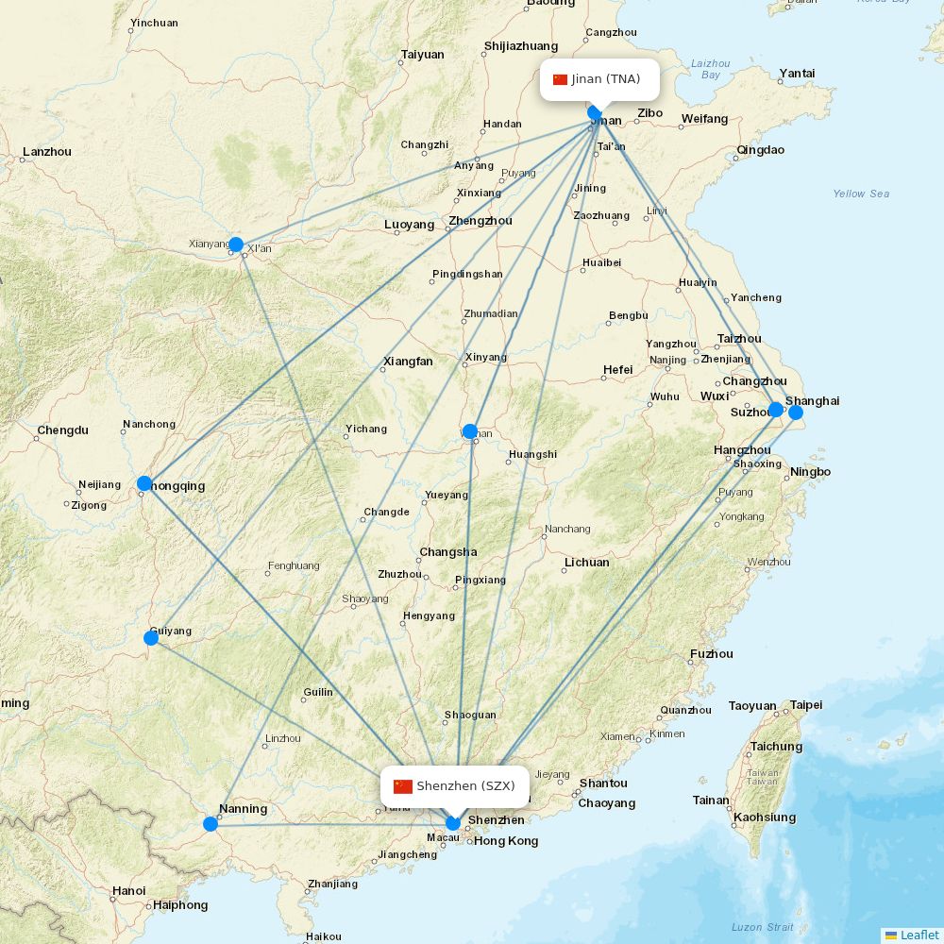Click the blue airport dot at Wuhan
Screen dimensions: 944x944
[470, 431]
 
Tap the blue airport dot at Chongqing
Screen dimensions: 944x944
[144, 483]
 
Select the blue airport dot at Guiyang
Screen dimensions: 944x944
[151, 638]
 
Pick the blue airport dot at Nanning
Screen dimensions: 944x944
[211, 824]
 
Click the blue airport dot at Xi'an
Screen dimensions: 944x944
[236, 244]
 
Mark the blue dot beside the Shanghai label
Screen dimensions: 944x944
[796, 412]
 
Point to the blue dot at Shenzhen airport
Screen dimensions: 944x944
[453, 822]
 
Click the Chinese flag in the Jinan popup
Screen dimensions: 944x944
[560, 79]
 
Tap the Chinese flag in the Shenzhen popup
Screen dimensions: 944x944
[403, 786]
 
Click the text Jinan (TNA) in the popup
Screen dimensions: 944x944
[606, 79]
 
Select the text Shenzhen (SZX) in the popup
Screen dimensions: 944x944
[465, 786]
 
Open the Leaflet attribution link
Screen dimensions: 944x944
[919, 935]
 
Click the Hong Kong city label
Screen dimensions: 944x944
[506, 841]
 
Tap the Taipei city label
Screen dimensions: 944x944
[805, 705]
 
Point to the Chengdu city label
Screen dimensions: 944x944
[62, 430]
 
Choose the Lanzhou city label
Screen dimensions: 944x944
[46, 151]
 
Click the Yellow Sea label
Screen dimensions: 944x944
[861, 194]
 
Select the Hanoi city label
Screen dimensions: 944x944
[128, 890]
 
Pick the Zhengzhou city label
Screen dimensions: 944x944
[480, 221]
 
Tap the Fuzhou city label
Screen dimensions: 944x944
[711, 653]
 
